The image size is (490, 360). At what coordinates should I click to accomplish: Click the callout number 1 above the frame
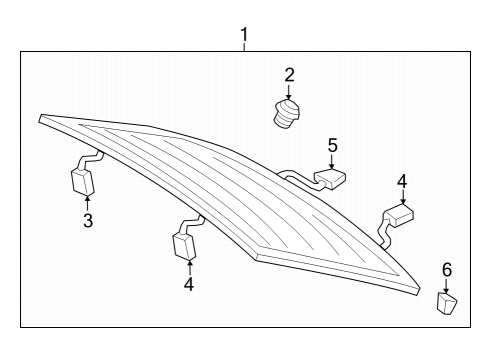244,35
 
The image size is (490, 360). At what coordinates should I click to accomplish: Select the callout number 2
289,75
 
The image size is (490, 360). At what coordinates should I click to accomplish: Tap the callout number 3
88,221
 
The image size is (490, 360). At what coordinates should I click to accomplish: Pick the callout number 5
332,146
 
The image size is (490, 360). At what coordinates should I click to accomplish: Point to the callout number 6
447,269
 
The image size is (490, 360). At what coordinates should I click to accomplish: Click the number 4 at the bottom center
189,284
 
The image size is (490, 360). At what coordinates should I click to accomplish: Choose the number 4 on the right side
402,182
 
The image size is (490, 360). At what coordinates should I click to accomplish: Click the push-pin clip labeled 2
287,114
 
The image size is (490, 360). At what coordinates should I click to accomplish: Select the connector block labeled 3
83,181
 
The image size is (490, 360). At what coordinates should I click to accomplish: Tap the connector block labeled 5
330,179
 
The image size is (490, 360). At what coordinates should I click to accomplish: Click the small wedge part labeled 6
447,303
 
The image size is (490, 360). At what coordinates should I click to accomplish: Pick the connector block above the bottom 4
184,246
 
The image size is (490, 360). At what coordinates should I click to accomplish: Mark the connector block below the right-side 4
399,215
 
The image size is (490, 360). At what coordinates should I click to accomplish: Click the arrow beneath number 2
289,92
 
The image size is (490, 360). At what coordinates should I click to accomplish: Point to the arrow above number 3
87,203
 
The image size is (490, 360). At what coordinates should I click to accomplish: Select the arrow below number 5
332,162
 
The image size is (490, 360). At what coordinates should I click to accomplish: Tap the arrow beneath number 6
446,286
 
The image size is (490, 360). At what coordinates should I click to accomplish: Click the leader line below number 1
244,47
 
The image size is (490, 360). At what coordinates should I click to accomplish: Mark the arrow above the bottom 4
190,268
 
